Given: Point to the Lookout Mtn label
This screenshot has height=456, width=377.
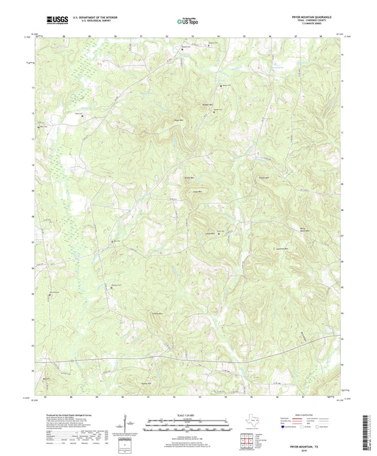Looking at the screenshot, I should [x=282, y=249].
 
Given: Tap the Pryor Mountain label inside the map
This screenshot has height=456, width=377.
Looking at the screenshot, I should [x=303, y=230].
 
